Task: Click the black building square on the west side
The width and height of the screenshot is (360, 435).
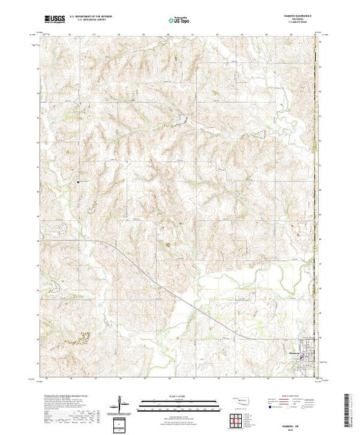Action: [79, 182]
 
